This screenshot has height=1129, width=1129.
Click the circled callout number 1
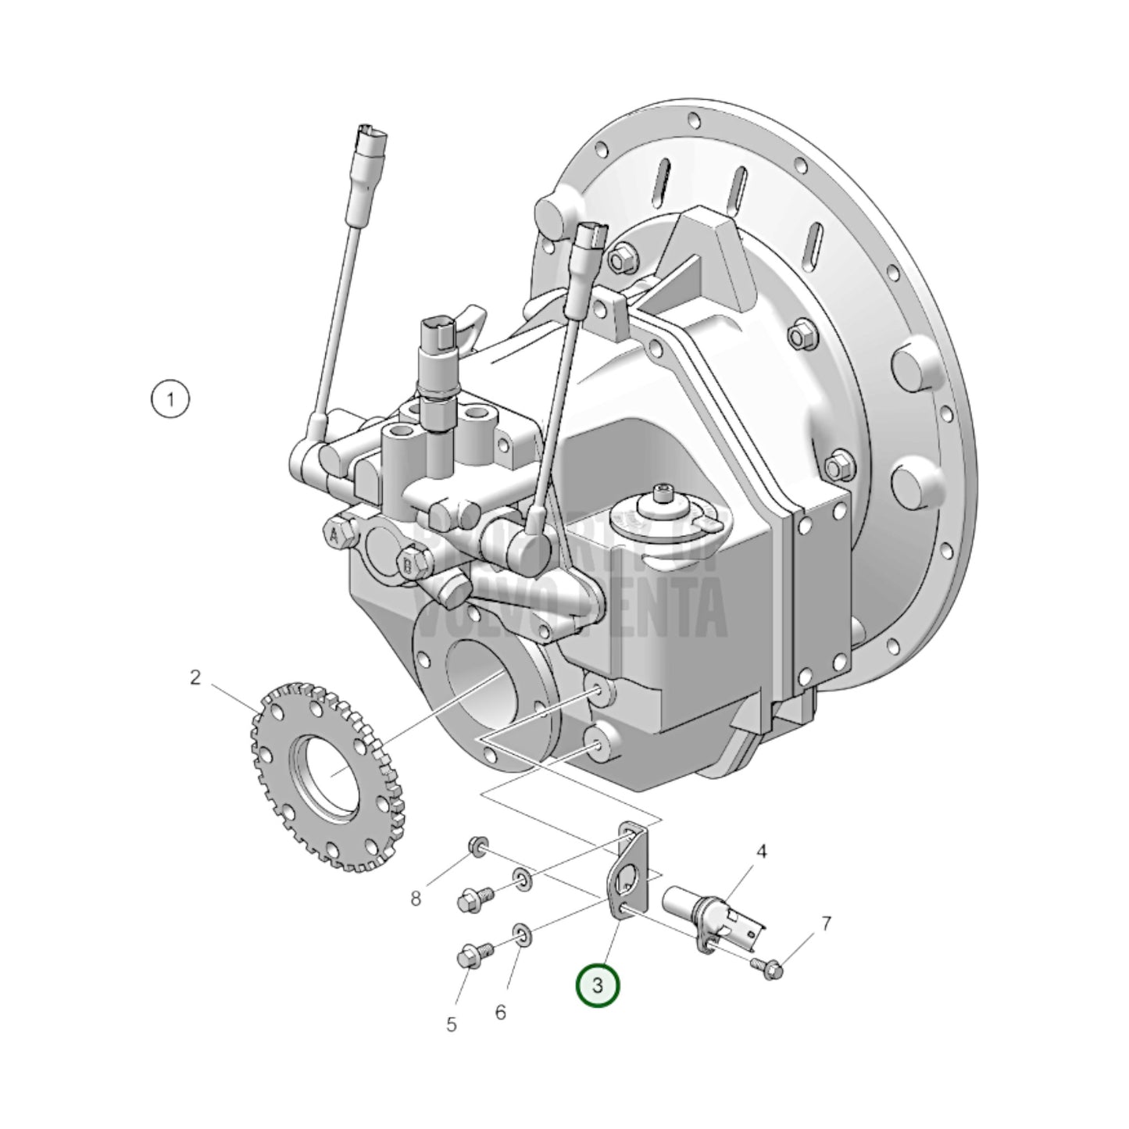(x=170, y=400)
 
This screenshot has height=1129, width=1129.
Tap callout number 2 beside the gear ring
(x=195, y=677)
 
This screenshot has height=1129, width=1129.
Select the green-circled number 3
(x=597, y=985)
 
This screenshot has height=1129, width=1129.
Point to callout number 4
(x=761, y=851)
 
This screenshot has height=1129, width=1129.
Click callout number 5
(x=452, y=1024)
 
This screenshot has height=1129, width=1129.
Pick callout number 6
(x=500, y=1012)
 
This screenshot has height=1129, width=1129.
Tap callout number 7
(x=826, y=924)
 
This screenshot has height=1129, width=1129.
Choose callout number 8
(x=416, y=899)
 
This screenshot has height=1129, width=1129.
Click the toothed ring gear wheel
(x=327, y=777)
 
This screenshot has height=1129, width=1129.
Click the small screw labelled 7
(x=769, y=970)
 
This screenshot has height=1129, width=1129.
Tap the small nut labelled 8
(x=476, y=845)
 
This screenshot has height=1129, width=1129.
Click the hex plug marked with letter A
(x=335, y=535)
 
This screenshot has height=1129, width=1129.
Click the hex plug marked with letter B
(x=408, y=562)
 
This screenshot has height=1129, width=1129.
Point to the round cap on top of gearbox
(x=662, y=510)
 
